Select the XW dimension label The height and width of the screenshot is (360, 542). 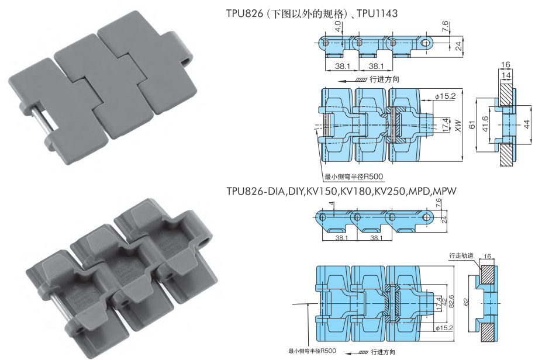click(451, 125)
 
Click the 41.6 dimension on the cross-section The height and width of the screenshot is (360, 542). click(484, 124)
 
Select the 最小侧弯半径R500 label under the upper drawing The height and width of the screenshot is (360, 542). click(354, 178)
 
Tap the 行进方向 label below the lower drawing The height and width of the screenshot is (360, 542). click(383, 352)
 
